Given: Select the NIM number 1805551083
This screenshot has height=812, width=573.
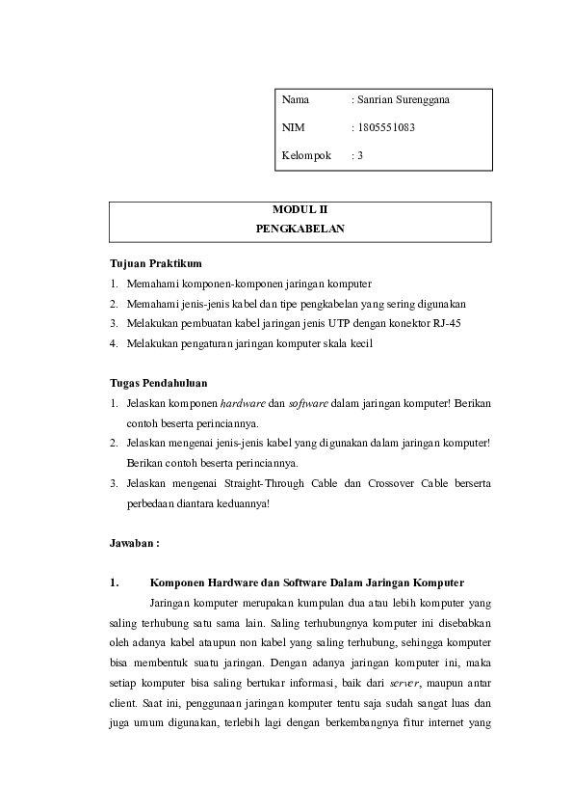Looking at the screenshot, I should (387, 126).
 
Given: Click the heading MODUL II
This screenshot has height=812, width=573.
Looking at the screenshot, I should (300, 209).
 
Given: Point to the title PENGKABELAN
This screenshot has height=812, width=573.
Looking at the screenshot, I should (300, 230).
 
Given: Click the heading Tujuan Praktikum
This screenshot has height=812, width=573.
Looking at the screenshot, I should (155, 263).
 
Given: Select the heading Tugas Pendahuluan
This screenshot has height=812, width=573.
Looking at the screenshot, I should (158, 383).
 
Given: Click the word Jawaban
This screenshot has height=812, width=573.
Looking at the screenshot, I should (133, 543).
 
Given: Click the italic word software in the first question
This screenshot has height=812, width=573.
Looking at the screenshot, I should (309, 403).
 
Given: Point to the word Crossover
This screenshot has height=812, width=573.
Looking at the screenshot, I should (367, 483).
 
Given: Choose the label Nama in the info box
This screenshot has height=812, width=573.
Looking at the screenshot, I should (295, 99).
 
